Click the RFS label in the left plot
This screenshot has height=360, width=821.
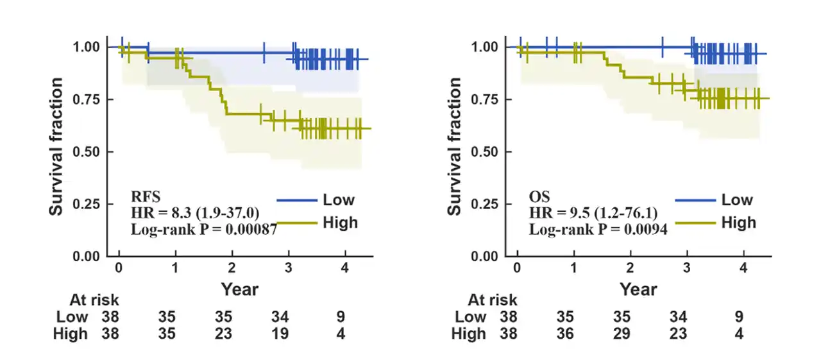[x=141, y=195]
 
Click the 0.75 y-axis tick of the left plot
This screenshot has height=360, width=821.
[x=85, y=99]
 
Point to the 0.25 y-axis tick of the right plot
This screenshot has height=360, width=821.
[x=485, y=205]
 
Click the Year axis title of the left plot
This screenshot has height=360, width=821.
[x=240, y=289]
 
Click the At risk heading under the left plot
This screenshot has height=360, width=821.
[x=94, y=300]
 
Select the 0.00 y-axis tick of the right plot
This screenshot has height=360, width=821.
[x=485, y=257]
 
